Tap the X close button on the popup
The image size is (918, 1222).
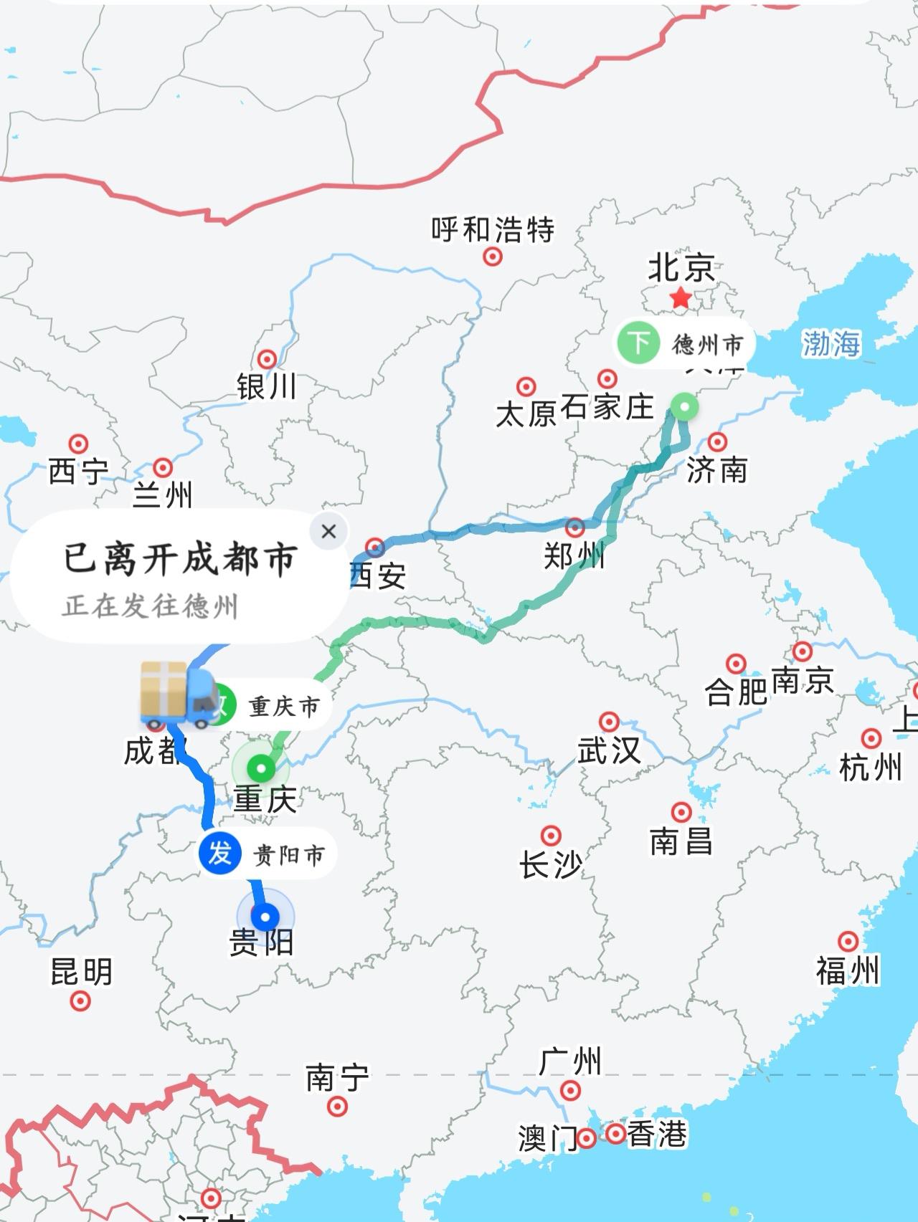[329, 531]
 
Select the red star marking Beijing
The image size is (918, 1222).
[680, 297]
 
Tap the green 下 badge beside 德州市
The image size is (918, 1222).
[638, 343]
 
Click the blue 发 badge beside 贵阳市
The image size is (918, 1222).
[219, 854]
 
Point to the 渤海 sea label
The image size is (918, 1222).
[831, 343]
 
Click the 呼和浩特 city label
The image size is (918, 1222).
[493, 229]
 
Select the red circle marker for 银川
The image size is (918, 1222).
[268, 359]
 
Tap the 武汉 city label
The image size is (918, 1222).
[609, 750]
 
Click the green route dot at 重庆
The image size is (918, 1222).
[261, 769]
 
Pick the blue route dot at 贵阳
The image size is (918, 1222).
[265, 917]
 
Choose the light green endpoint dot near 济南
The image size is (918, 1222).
[686, 408]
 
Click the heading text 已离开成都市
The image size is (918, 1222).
[180, 558]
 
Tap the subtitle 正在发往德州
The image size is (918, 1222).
[150, 606]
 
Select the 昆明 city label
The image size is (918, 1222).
[81, 972]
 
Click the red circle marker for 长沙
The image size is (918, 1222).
[551, 836]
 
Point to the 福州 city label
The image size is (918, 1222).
[847, 971]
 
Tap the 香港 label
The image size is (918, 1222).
[657, 1134]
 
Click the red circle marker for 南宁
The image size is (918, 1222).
[337, 1107]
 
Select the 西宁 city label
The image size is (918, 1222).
[77, 472]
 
